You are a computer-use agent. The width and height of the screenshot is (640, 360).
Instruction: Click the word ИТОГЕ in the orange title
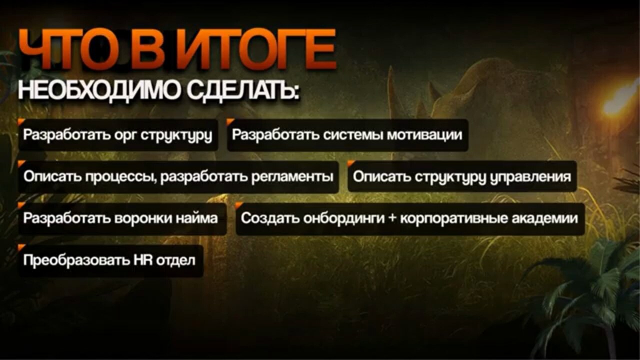(x=259, y=49)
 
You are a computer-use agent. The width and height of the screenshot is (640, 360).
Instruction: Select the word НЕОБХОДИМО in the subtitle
(x=99, y=91)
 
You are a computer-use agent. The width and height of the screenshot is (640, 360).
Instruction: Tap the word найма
(x=196, y=218)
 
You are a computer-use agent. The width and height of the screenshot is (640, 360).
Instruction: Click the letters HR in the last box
(x=143, y=260)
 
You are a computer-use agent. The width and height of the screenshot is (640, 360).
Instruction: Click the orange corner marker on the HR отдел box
(x=20, y=247)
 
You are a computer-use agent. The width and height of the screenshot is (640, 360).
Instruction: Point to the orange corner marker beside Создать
(x=238, y=205)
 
